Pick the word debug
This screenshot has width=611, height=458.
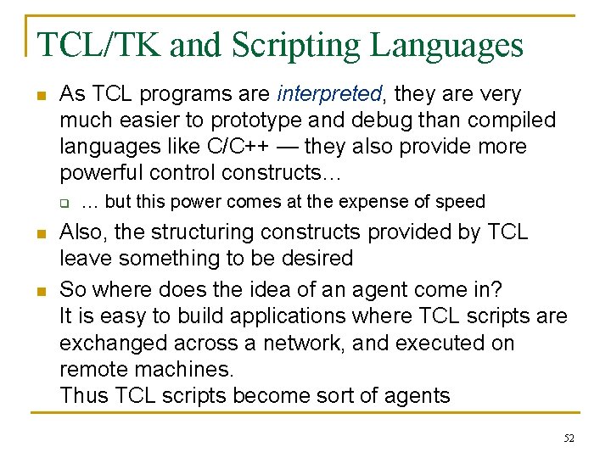402,120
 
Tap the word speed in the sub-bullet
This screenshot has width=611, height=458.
459,202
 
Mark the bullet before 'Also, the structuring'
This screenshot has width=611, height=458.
40,232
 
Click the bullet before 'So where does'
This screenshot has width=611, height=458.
40,290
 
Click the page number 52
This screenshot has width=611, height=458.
568,438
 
